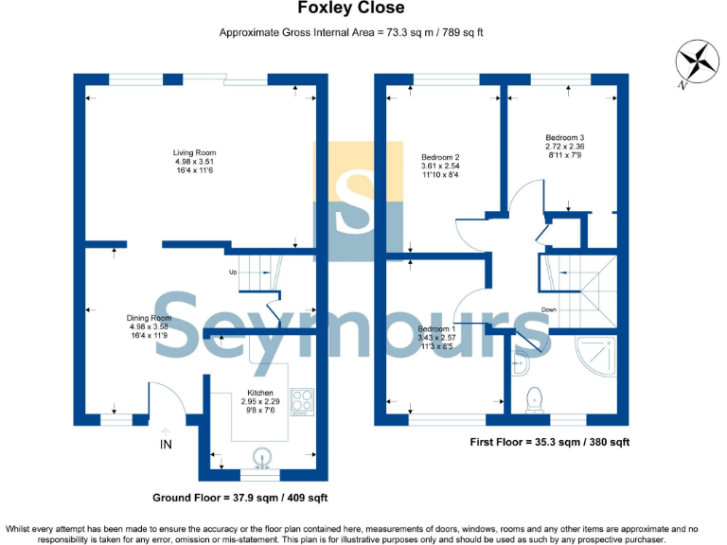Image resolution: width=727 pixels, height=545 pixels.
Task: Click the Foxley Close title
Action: click(351, 9)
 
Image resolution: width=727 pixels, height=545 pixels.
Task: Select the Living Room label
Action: click(194, 162)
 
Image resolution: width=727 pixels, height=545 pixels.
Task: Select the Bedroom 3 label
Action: click(564, 147)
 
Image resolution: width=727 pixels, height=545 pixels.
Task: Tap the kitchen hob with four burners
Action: click(303, 402)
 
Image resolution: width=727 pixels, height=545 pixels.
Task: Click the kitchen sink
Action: click(260, 456)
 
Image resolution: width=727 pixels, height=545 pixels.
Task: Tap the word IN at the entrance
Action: click(167, 445)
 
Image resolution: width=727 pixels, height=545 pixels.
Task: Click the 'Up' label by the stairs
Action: click(232, 272)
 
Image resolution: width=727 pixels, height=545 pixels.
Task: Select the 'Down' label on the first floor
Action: click(549, 309)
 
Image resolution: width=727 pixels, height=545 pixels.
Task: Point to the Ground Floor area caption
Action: click(239, 498)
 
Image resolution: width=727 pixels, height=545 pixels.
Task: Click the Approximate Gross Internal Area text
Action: click(351, 32)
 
